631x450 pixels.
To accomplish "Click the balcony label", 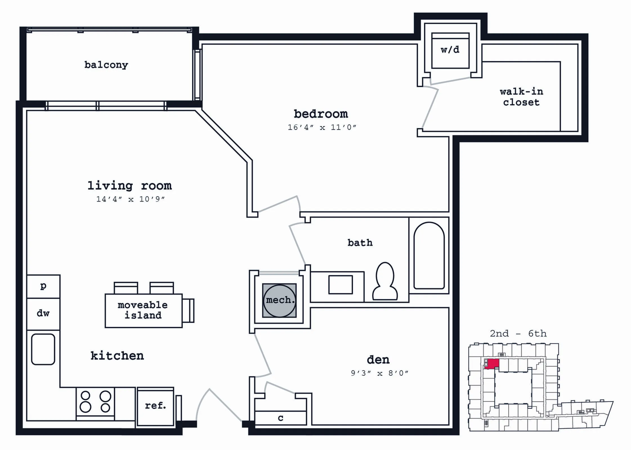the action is tap(106, 65).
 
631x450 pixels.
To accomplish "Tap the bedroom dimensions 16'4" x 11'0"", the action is tap(322, 127).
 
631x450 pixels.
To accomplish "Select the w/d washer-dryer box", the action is tap(450, 50).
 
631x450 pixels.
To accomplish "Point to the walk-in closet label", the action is tap(522, 97).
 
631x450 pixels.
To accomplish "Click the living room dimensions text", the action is tap(130, 199).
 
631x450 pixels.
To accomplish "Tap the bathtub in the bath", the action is tap(429, 255).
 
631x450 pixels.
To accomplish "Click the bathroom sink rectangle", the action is tap(341, 285).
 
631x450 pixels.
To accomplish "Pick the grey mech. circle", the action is tap(279, 300).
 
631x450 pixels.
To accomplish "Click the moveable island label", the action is tap(143, 310).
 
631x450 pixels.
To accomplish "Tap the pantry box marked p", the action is tap(43, 286).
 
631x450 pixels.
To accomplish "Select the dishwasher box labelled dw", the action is tap(43, 314).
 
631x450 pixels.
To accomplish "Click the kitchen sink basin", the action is tap(43, 349).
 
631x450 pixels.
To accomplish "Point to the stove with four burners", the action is tap(95, 402).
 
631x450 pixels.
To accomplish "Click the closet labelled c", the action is tap(281, 418).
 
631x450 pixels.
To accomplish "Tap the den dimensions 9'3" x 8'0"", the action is tap(379, 373).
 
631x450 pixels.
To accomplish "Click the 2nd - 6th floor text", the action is tap(518, 333).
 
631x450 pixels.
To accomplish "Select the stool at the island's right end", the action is tap(188, 311).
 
